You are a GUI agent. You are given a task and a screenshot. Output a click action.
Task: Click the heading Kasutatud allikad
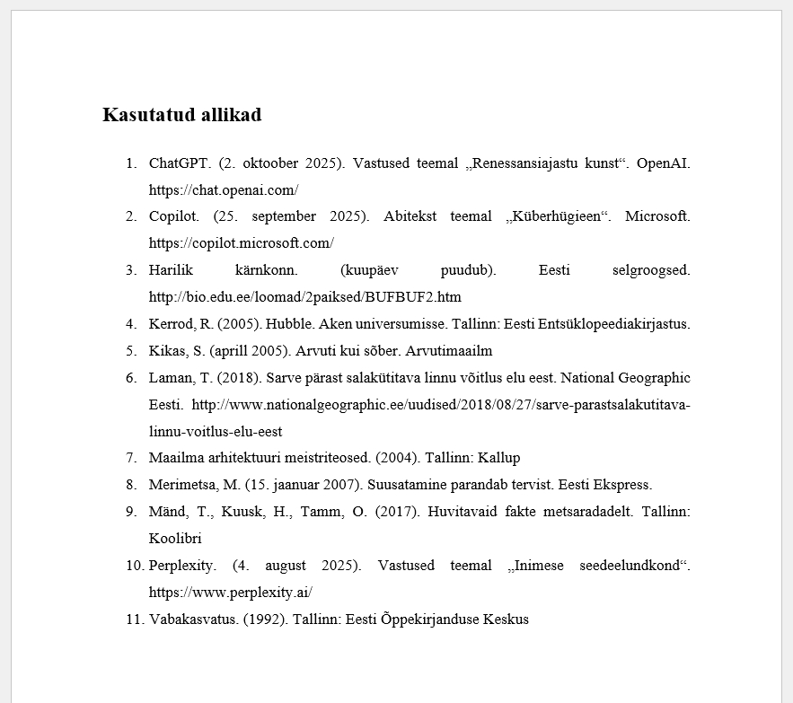point(181,115)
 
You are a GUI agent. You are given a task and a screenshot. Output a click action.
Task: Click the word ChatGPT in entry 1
point(180,163)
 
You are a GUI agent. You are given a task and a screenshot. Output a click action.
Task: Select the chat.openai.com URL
point(224,190)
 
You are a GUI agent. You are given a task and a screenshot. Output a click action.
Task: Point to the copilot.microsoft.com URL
point(242,243)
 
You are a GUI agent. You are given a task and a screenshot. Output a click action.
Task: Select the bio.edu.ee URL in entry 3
point(305,297)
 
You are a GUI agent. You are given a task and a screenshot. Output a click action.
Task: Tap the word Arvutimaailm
point(451,351)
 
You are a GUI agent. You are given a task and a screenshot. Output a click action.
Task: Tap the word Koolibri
point(175,539)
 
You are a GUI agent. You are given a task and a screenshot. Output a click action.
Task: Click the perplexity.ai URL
point(231,593)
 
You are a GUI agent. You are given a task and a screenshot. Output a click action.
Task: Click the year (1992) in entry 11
point(266,620)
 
